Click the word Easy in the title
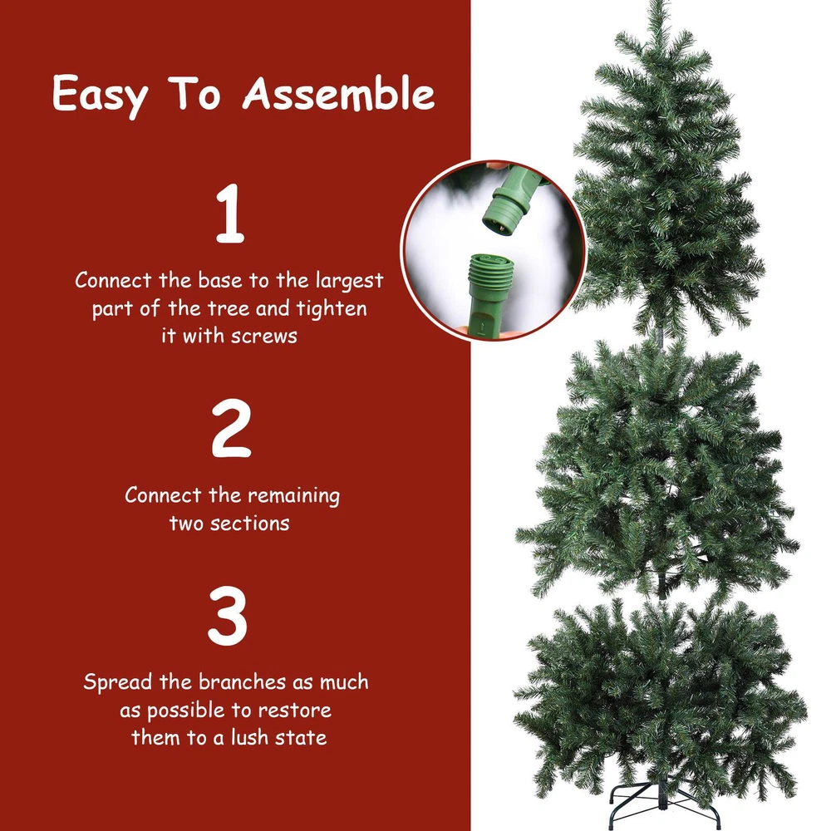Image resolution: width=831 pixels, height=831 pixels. tap(100, 96)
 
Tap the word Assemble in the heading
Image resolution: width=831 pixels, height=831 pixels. tap(339, 93)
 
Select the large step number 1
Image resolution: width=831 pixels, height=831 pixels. tap(230, 214)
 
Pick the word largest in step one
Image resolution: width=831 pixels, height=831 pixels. tap(349, 280)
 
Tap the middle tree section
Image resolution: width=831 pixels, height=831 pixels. tap(657, 472)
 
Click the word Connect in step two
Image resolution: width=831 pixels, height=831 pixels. tap(163, 495)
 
